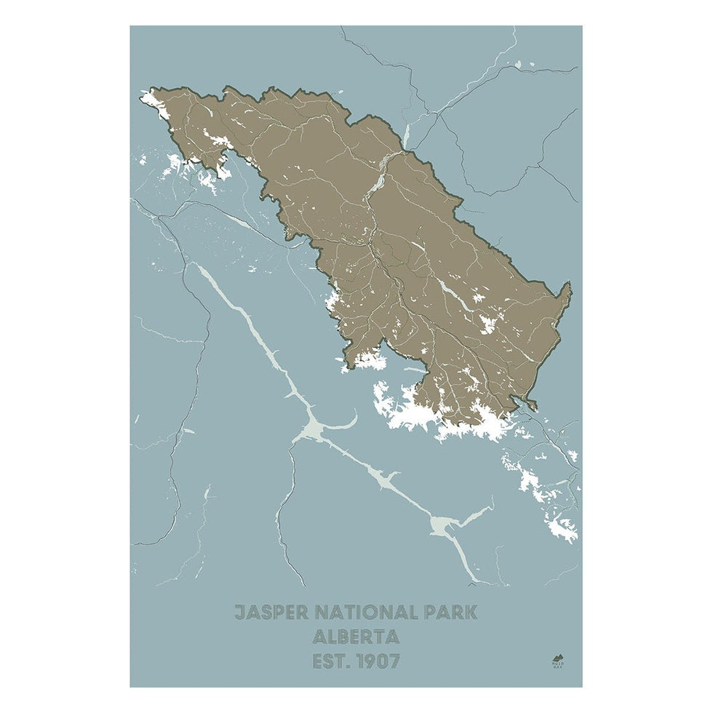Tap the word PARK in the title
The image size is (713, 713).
click(451, 612)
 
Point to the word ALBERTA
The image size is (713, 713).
click(356, 637)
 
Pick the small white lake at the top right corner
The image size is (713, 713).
click(518, 65)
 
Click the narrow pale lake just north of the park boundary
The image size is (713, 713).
click(408, 135)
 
